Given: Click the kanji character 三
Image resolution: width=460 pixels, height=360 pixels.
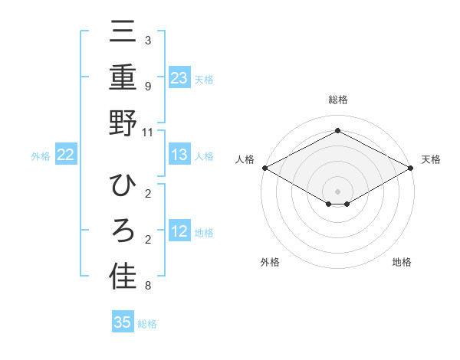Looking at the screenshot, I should (123, 34).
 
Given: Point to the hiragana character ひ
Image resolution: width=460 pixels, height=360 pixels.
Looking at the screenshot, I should (123, 186).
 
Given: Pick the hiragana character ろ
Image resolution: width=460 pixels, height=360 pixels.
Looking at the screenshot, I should (123, 231).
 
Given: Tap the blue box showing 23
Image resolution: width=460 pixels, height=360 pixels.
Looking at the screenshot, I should (179, 78).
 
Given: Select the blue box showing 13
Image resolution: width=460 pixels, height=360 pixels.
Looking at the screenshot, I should (179, 155).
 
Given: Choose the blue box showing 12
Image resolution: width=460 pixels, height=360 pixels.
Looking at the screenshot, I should (179, 231).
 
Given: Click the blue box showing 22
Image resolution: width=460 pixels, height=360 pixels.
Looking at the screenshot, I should (65, 155).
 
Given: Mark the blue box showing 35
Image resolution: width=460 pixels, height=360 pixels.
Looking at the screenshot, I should (123, 322).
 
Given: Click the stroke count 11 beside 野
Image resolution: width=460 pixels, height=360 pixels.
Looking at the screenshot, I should (148, 132).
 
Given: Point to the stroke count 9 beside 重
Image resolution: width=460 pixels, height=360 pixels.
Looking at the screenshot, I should (148, 87).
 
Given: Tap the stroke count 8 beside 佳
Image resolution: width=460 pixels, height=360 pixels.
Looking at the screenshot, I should (148, 286).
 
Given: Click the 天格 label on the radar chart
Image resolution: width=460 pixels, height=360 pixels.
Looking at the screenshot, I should (431, 159).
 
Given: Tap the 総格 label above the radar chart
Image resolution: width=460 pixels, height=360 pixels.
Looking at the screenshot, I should (337, 100).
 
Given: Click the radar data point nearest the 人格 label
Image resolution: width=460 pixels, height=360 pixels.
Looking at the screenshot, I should (264, 168).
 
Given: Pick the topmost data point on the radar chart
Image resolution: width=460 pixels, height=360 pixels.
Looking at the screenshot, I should (337, 130).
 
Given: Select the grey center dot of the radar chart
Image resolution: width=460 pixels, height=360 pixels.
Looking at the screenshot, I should (337, 191).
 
